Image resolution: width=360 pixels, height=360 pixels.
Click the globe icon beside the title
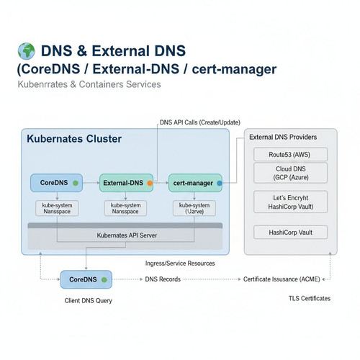(27, 51)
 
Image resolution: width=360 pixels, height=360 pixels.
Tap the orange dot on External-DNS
(150, 184)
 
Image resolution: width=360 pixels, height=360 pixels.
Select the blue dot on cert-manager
(219, 184)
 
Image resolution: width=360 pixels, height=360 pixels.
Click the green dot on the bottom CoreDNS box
(104, 280)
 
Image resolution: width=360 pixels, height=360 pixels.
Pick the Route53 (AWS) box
(290, 154)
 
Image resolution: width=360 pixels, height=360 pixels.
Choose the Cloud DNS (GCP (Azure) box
(290, 173)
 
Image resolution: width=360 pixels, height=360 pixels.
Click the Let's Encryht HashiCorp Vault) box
(290, 202)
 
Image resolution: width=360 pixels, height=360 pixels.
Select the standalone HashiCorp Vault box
(290, 232)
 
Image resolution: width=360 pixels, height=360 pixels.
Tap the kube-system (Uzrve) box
(194, 208)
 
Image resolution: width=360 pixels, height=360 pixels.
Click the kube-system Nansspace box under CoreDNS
(57, 208)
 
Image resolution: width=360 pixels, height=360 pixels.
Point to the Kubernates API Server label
(127, 235)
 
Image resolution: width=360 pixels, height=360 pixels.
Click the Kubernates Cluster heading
(74, 139)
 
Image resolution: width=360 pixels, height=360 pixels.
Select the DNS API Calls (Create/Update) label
(200, 122)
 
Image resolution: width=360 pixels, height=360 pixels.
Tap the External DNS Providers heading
(283, 137)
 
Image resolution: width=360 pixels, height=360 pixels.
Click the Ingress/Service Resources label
(180, 264)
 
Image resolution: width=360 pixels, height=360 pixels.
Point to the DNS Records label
(163, 279)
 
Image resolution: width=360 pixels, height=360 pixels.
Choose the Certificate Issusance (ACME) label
(282, 279)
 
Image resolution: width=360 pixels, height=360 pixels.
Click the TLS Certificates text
(310, 298)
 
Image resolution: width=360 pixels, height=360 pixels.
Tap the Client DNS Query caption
(89, 300)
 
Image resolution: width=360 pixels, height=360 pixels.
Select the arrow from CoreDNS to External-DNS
(91, 183)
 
